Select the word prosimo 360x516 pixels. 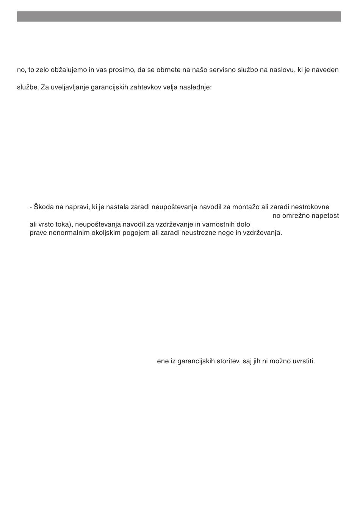pyautogui.click(x=122, y=70)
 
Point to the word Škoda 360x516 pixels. pyautogui.click(x=44, y=207)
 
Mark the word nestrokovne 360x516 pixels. pyautogui.click(x=310, y=207)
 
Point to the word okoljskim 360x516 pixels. pyautogui.click(x=100, y=233)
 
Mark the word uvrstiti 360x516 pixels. pyautogui.click(x=303, y=361)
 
